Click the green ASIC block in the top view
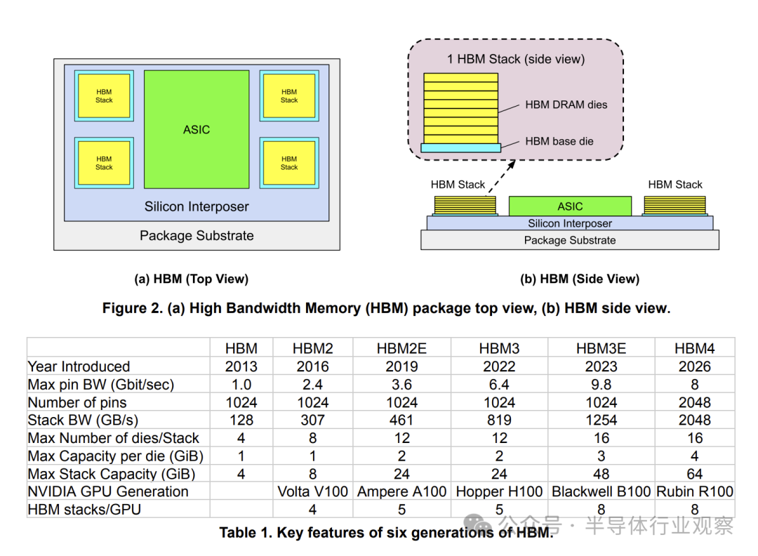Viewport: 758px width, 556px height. point(197,129)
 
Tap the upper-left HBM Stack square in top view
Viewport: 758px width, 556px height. point(104,96)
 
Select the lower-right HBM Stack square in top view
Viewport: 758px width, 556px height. point(289,163)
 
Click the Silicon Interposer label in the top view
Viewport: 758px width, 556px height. point(197,206)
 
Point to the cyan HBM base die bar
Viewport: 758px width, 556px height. point(460,147)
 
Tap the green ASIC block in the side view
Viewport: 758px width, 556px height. point(570,206)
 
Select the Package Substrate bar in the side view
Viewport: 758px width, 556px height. point(570,240)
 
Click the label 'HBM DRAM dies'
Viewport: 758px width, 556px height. point(566,105)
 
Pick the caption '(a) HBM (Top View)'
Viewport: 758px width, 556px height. point(191,279)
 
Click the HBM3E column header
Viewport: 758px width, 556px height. point(601,348)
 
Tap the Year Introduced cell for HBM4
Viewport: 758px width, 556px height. point(694,366)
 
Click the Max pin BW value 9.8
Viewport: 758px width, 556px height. point(601,385)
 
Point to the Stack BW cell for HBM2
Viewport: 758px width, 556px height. point(312,421)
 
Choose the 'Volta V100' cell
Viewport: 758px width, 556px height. point(312,491)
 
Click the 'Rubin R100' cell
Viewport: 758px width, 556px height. point(694,491)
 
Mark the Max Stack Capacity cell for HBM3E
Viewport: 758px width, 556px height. point(601,474)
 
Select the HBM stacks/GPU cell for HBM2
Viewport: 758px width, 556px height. point(312,509)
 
